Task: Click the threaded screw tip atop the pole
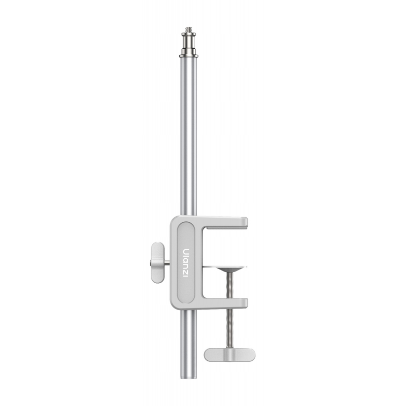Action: coord(188,29)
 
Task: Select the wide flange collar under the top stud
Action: coord(188,55)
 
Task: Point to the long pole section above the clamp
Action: coord(188,137)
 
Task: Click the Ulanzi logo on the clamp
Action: coord(186,263)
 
